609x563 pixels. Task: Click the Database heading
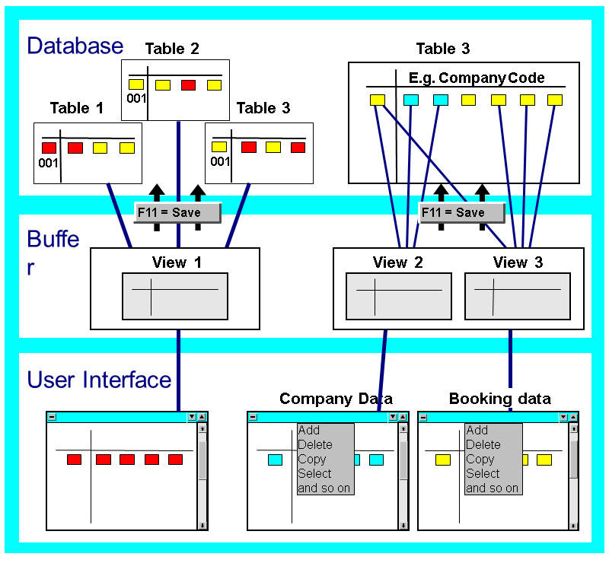coord(75,46)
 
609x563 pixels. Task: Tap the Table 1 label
coord(76,108)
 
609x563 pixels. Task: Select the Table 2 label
coord(172,49)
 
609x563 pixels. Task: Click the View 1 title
coord(176,262)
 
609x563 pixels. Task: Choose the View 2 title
coord(398,262)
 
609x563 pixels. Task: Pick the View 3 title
coord(518,262)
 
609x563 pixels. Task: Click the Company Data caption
coord(336,399)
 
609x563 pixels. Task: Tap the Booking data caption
coord(499,399)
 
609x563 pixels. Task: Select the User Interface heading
coord(99,379)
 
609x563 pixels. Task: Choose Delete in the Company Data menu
coord(314,445)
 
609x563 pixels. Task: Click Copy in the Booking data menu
coord(480,460)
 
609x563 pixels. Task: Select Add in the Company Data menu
coord(309,431)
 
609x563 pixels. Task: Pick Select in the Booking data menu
coord(483,473)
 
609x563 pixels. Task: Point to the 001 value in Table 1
coord(48,163)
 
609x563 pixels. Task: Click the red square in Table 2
coord(188,85)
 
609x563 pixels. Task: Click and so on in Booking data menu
coord(492,488)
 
